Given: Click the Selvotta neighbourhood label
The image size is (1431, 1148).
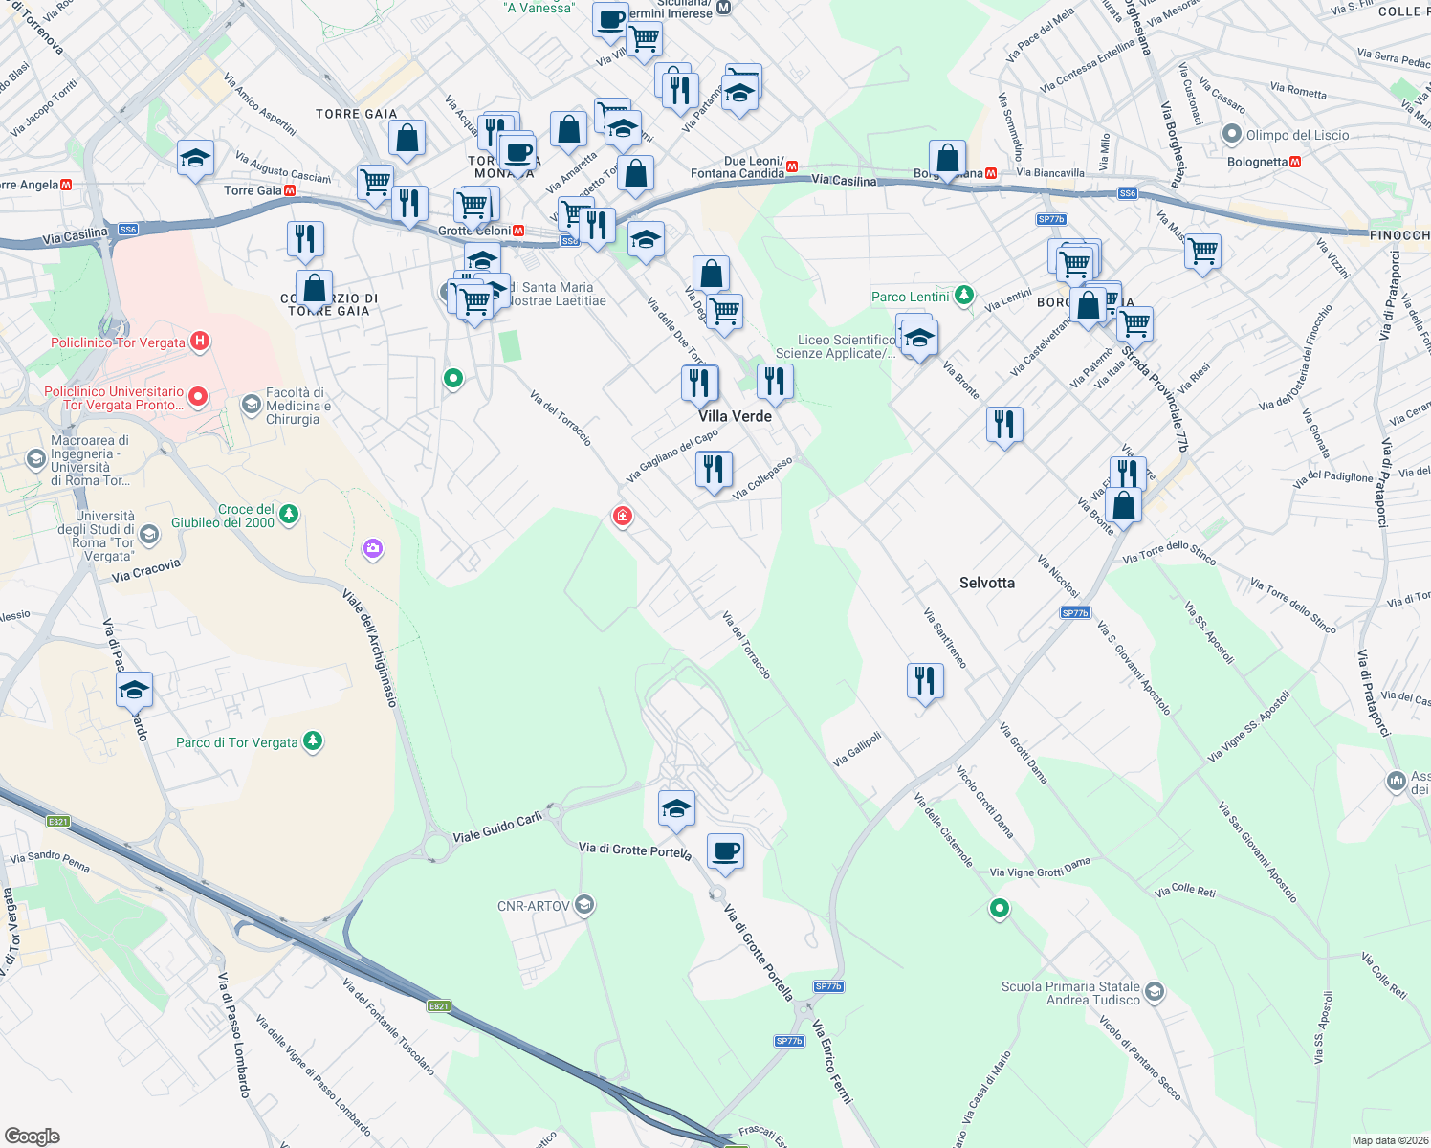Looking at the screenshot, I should point(986,583).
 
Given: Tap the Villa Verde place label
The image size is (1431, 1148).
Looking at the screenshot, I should point(735,416).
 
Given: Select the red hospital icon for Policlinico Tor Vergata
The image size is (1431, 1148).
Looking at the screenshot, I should point(199,342).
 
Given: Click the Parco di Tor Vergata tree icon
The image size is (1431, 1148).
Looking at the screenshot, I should point(312,741).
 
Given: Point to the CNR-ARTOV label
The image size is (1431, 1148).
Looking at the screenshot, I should point(533,906).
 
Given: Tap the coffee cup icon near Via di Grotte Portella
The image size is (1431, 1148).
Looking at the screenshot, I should point(726,850).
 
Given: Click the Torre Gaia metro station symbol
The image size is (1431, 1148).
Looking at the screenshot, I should point(290,190).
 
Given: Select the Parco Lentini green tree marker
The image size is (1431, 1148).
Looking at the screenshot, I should point(964,296).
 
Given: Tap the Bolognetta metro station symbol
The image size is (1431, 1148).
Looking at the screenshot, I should point(1295,162).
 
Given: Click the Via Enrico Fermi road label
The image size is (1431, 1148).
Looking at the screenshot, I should point(831,1061).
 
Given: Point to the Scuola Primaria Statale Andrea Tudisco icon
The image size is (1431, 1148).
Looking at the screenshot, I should point(1154,991).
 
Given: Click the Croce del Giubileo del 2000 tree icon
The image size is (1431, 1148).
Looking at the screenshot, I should point(288,515).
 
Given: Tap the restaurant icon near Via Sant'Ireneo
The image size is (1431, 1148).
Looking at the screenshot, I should point(924,681).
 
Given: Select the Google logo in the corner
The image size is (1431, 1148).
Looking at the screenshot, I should point(32,1137).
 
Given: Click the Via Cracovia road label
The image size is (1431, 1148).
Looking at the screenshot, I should point(145,571).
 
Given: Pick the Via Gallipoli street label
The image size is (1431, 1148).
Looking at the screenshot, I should point(856,749).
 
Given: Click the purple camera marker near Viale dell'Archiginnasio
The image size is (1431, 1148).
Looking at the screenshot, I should point(373,548).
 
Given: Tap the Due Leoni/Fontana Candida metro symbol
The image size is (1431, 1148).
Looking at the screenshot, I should point(792,166).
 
